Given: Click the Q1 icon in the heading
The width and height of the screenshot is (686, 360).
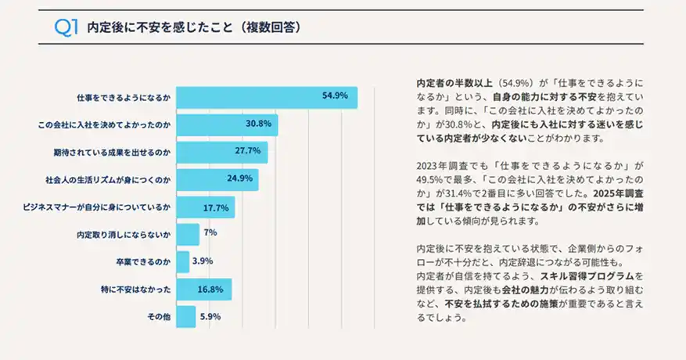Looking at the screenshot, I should (65, 27).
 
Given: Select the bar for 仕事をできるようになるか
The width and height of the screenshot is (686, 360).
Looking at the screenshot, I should (266, 97).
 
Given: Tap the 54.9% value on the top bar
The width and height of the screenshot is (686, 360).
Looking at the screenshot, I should (335, 96).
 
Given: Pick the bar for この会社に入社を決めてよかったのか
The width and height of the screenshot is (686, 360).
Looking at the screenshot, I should (227, 124).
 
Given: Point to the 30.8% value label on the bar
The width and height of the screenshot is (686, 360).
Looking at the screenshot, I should (258, 124).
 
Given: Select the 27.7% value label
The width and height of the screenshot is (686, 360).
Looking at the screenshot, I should (248, 151).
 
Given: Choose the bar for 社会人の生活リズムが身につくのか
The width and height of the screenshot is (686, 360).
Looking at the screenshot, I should (217, 179).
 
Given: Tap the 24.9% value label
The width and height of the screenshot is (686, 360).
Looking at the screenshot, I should (239, 178).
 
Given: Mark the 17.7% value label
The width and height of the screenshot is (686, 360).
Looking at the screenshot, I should (215, 208).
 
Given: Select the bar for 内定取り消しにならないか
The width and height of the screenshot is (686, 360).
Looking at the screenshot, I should (188, 235).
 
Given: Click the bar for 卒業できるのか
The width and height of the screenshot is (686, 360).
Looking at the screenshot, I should (182, 262).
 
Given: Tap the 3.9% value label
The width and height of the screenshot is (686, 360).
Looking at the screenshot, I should (203, 261).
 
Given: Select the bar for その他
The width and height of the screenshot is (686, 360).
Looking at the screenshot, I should (185, 317).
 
